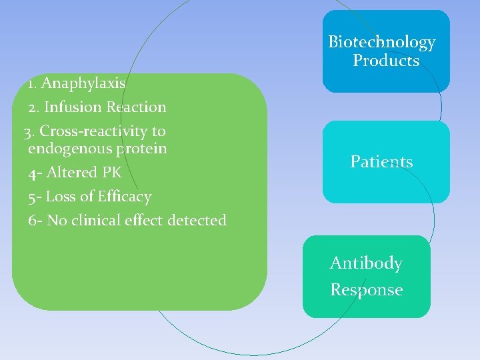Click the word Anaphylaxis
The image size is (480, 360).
[83, 83]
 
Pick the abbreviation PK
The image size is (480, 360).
[112, 173]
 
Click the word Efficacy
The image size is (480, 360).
[124, 197]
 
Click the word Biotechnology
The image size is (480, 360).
[382, 42]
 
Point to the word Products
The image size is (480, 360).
[386, 61]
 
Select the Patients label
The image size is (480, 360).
[381, 162]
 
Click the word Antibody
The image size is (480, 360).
[366, 263]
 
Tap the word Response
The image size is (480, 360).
[367, 290]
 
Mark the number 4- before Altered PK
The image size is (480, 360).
[35, 173]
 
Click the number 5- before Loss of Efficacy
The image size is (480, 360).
[35, 197]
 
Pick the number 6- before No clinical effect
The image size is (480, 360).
[35, 221]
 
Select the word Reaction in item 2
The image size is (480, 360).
[136, 107]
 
